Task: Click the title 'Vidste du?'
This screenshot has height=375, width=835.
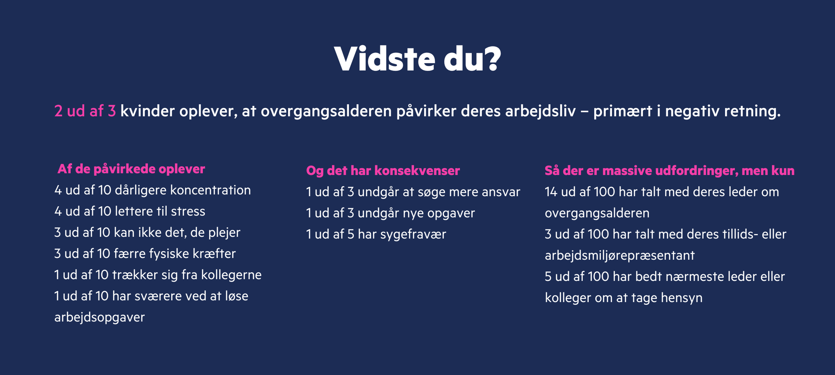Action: tap(417, 59)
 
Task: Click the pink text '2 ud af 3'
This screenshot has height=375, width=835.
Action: tap(85, 111)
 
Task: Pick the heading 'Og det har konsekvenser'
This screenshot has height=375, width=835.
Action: tap(383, 171)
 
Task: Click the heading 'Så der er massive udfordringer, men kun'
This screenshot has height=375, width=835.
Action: tap(669, 171)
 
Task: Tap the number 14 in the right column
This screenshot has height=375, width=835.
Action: tap(551, 192)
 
